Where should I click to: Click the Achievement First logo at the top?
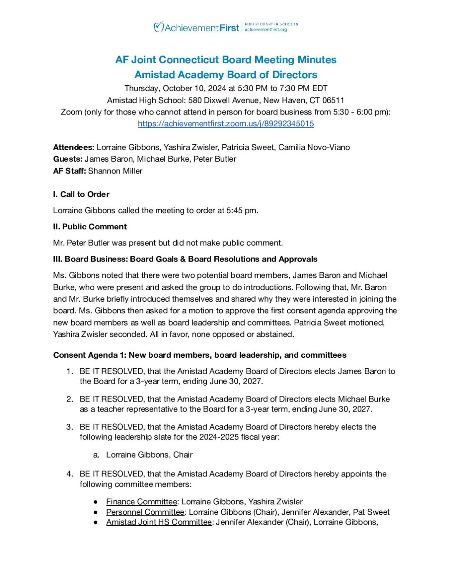(x=197, y=28)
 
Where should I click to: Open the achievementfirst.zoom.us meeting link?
(x=226, y=124)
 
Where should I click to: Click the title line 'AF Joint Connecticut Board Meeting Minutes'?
(x=226, y=60)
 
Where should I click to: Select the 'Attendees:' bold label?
(x=74, y=148)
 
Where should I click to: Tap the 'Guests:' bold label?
(x=68, y=159)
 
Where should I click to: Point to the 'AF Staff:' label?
(x=69, y=171)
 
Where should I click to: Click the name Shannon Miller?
(x=115, y=171)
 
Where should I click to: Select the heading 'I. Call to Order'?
(x=81, y=194)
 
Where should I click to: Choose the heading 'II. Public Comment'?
(x=90, y=227)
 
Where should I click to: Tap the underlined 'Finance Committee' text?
(x=142, y=502)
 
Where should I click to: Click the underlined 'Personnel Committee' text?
(x=145, y=512)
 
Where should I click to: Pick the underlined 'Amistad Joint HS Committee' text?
(x=159, y=522)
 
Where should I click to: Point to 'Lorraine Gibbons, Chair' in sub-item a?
(x=149, y=455)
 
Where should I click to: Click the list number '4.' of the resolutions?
(x=70, y=474)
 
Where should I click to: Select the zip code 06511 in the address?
(x=333, y=100)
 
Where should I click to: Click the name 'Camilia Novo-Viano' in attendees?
(x=314, y=148)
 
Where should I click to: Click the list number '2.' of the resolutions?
(x=70, y=399)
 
